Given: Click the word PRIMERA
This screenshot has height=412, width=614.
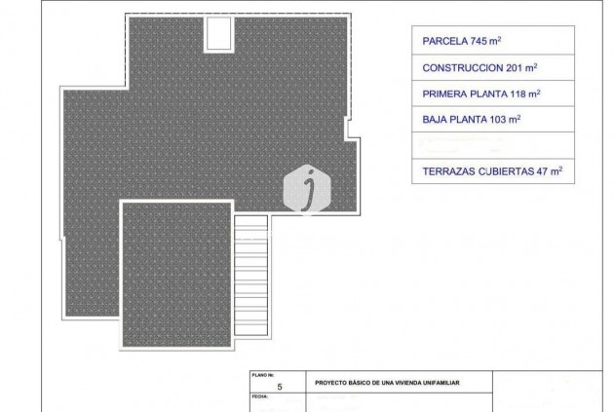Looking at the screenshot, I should pyautogui.click(x=445, y=94).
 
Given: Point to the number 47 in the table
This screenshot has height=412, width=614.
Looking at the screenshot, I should pyautogui.click(x=543, y=170).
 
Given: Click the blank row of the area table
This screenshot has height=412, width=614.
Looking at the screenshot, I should pyautogui.click(x=492, y=145).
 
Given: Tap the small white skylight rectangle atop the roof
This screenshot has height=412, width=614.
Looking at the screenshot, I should pyautogui.click(x=216, y=34).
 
